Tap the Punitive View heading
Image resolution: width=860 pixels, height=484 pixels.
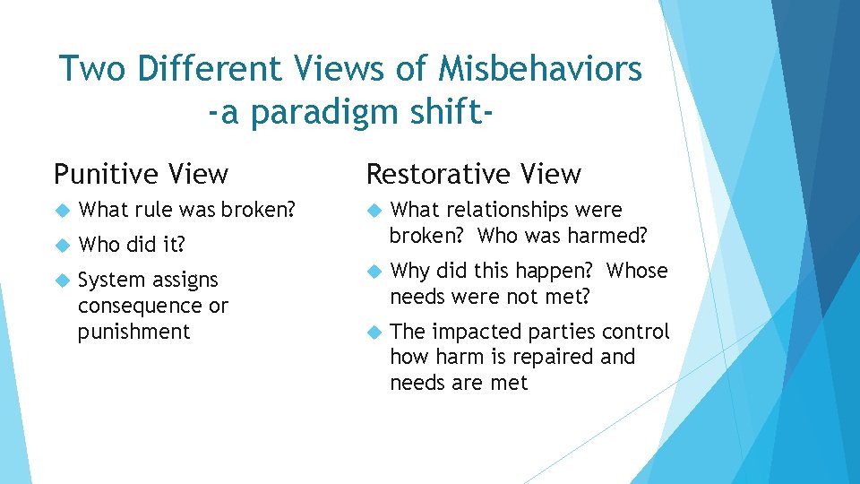(x=141, y=173)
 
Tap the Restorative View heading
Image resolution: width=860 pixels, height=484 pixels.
(x=473, y=173)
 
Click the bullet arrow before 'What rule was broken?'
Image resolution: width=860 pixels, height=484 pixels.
(x=62, y=211)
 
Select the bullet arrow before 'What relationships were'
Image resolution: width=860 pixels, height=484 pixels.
(x=374, y=211)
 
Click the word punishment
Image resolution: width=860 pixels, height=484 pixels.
(x=133, y=333)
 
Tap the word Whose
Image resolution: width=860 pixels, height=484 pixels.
(x=637, y=271)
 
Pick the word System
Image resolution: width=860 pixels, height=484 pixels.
(x=111, y=281)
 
